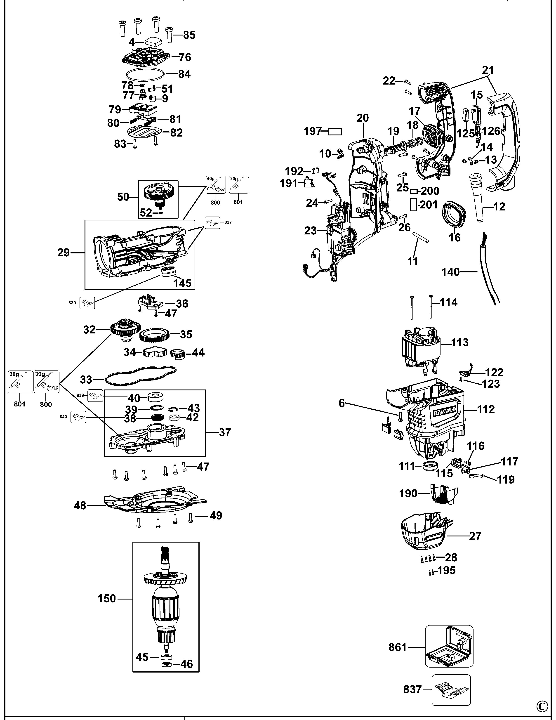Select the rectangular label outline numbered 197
[335, 132]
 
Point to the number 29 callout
[64, 253]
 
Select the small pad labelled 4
[153, 42]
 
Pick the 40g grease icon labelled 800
[216, 185]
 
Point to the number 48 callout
[80, 505]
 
